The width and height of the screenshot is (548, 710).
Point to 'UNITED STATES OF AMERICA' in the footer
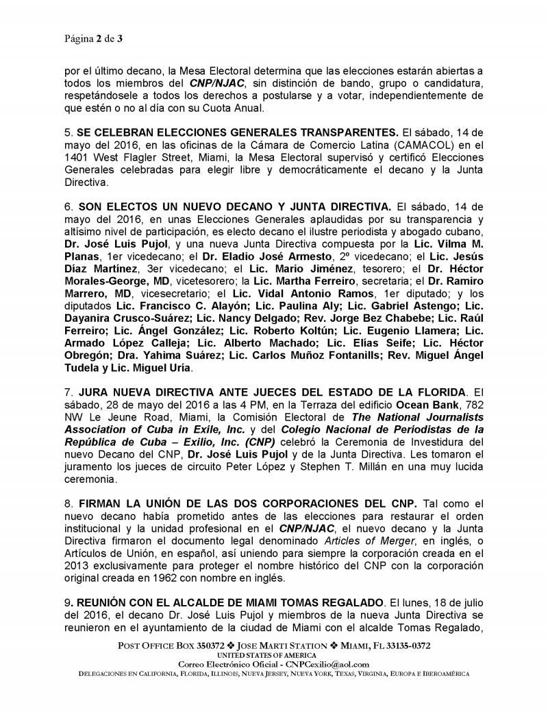[x=273, y=656]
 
